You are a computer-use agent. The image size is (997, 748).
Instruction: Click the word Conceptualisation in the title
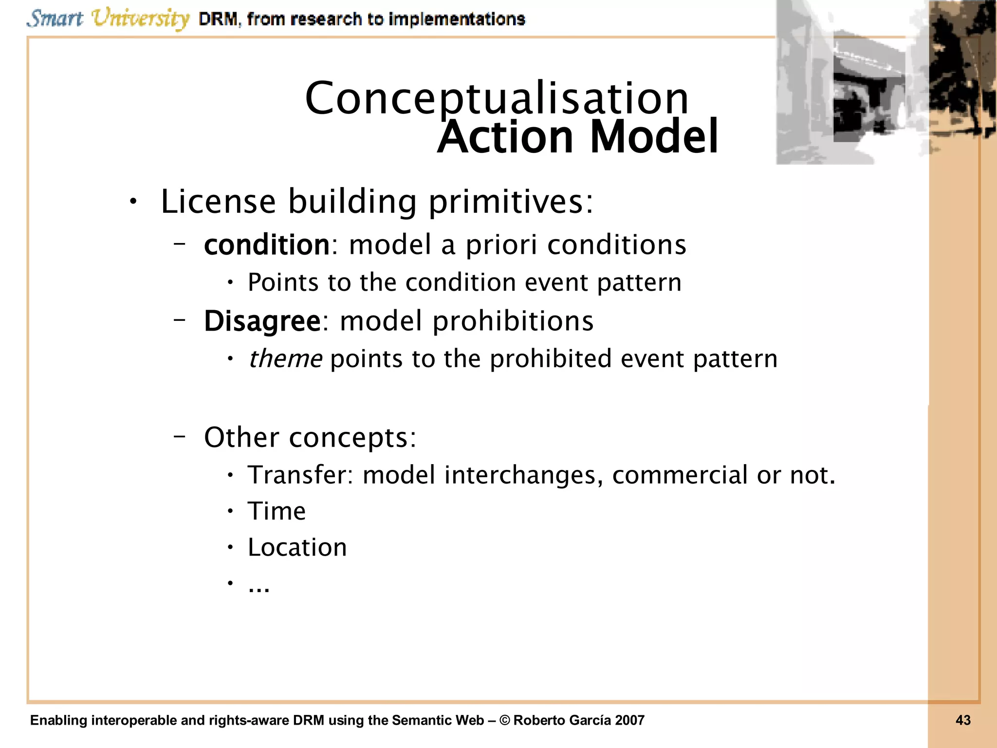(x=497, y=98)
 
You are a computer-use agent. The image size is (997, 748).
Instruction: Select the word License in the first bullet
(x=218, y=201)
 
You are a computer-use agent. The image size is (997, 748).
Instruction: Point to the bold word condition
(x=267, y=244)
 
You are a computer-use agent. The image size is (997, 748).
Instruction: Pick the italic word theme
(x=285, y=359)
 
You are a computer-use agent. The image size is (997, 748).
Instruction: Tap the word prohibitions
(x=513, y=321)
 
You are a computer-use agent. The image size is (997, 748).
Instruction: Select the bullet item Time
(x=277, y=511)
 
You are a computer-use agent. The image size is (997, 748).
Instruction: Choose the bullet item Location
(x=297, y=547)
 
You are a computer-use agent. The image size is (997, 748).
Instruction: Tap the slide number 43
(x=963, y=720)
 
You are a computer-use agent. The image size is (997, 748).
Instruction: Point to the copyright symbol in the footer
(x=505, y=720)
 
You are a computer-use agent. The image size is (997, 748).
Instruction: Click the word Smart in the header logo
(x=55, y=19)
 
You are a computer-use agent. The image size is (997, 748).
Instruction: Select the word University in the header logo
(x=140, y=19)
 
